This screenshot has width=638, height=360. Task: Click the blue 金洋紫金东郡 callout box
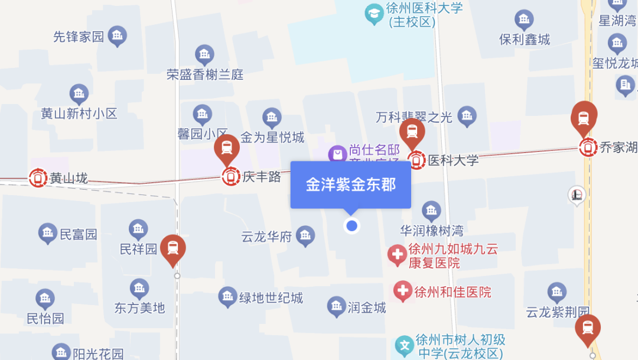pyautogui.click(x=350, y=184)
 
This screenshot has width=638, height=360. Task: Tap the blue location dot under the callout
pyautogui.click(x=352, y=225)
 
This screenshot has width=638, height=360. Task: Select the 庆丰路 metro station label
pyautogui.click(x=261, y=177)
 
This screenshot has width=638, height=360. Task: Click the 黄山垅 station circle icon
pyautogui.click(x=38, y=177)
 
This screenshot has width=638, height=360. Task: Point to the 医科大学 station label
pyautogui.click(x=453, y=160)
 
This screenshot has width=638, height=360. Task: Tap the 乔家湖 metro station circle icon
pyautogui.click(x=588, y=147)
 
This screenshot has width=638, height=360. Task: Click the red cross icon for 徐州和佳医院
pyautogui.click(x=403, y=290)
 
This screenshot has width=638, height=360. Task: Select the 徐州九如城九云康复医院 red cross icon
pyautogui.click(x=397, y=255)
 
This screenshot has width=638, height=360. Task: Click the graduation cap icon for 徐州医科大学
pyautogui.click(x=373, y=14)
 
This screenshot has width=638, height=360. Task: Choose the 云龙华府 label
pyautogui.click(x=266, y=237)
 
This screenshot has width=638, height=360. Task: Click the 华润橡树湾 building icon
pyautogui.click(x=431, y=210)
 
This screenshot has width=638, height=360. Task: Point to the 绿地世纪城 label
pyautogui.click(x=271, y=298)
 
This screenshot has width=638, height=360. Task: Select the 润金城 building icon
pyautogui.click(x=336, y=306)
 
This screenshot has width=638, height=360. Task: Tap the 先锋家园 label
pyautogui.click(x=79, y=37)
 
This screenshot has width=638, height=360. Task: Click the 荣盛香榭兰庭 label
pyautogui.click(x=205, y=75)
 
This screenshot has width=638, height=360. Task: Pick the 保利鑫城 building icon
pyautogui.click(x=524, y=20)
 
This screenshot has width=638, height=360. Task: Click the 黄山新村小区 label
pyautogui.click(x=79, y=113)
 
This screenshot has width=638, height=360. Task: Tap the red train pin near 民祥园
pyautogui.click(x=173, y=249)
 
